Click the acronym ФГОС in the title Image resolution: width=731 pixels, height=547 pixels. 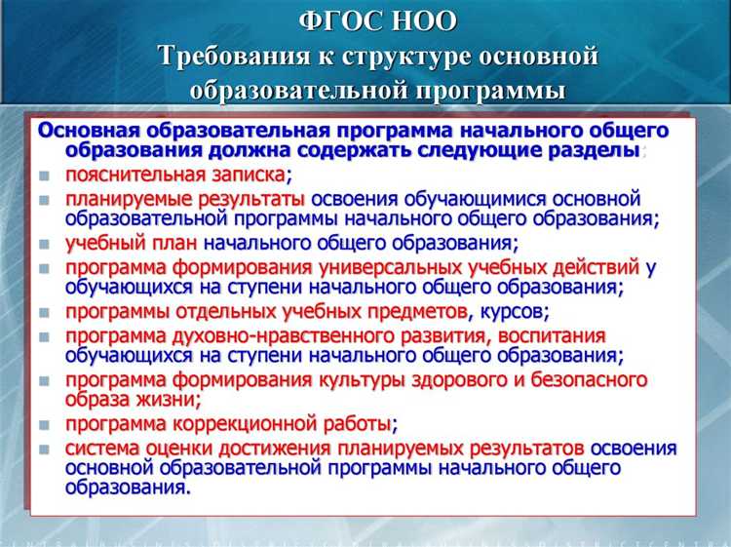point(334,20)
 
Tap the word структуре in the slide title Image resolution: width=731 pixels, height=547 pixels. point(402,56)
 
